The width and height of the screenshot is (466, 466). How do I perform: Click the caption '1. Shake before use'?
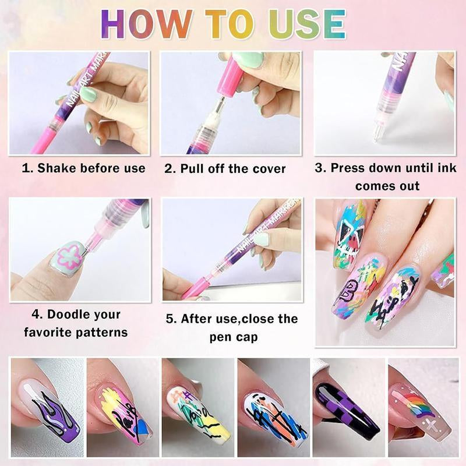pyautogui.click(x=83, y=168)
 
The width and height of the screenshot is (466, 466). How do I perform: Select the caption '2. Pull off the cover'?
pyautogui.click(x=225, y=169)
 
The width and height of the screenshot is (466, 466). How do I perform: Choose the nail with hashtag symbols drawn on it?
pyautogui.click(x=193, y=411)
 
